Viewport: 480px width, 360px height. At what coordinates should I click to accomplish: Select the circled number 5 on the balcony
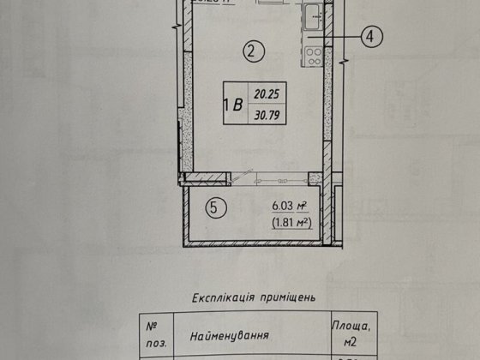coord(216,207)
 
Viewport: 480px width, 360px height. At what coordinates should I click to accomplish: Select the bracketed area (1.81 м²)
coord(289,222)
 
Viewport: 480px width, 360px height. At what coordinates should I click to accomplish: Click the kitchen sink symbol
coord(314,14)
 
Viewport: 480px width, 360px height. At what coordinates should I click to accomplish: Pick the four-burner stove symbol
coord(314,57)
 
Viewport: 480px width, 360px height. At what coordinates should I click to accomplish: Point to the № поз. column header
coord(153,333)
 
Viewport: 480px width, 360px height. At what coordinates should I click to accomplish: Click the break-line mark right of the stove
coord(343,62)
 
